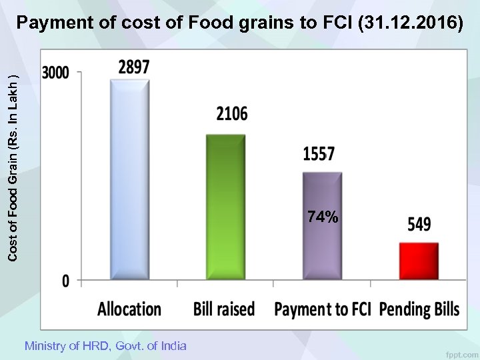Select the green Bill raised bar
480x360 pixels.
tap(226, 207)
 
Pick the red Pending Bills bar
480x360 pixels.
tap(419, 261)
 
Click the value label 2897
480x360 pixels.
tap(134, 67)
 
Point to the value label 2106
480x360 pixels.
tap(231, 114)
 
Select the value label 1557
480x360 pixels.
tap(319, 155)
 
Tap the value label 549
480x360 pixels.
tap(419, 225)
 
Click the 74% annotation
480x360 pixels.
tap(323, 217)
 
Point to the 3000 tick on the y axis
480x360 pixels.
tap(56, 73)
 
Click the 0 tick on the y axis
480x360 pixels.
tap(65, 281)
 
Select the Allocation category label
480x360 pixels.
tap(129, 309)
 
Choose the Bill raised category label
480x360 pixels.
tap(224, 309)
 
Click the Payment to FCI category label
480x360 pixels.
tap(322, 309)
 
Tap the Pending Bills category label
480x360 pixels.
tap(419, 309)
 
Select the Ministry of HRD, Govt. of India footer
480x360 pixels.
tap(105, 346)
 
